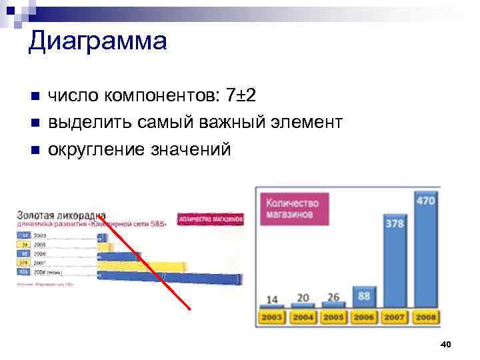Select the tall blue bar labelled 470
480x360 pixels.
(425, 253)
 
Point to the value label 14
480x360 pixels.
(272, 299)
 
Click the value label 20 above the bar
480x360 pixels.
(303, 297)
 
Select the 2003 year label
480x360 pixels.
(272, 317)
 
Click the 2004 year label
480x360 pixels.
(303, 317)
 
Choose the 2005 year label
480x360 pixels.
(333, 317)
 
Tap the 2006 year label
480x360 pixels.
(364, 317)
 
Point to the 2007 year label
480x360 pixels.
(395, 317)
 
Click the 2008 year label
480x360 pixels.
(425, 317)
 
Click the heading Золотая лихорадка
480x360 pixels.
(57, 215)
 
